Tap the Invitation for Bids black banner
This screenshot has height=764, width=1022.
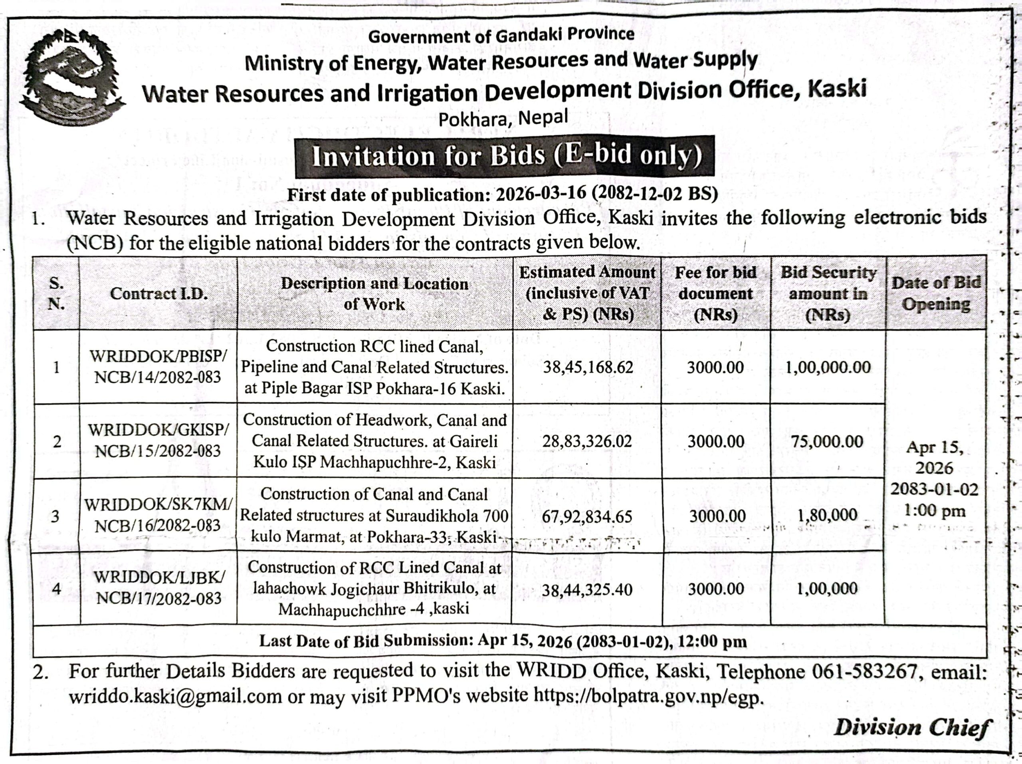pos(505,156)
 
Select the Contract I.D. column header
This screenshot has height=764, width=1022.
pos(158,294)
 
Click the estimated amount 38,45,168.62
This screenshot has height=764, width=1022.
pos(588,367)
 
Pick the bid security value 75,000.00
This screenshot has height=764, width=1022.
pos(828,441)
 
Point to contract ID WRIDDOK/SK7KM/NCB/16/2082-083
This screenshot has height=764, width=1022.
pos(158,515)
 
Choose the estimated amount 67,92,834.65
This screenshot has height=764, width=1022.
pos(587,516)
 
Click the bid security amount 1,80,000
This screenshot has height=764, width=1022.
pos(827,515)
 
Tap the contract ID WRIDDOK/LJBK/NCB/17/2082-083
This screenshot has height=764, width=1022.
pos(159,588)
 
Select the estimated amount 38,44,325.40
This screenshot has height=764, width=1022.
pos(587,590)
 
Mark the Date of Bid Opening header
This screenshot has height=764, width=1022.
pos(936,293)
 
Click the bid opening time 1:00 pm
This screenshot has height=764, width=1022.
pos(934,511)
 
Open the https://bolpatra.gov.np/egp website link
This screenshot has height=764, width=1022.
pos(646,696)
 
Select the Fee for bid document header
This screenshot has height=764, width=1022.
pos(716,294)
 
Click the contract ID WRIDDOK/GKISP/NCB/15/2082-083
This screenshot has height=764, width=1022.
pos(158,441)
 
